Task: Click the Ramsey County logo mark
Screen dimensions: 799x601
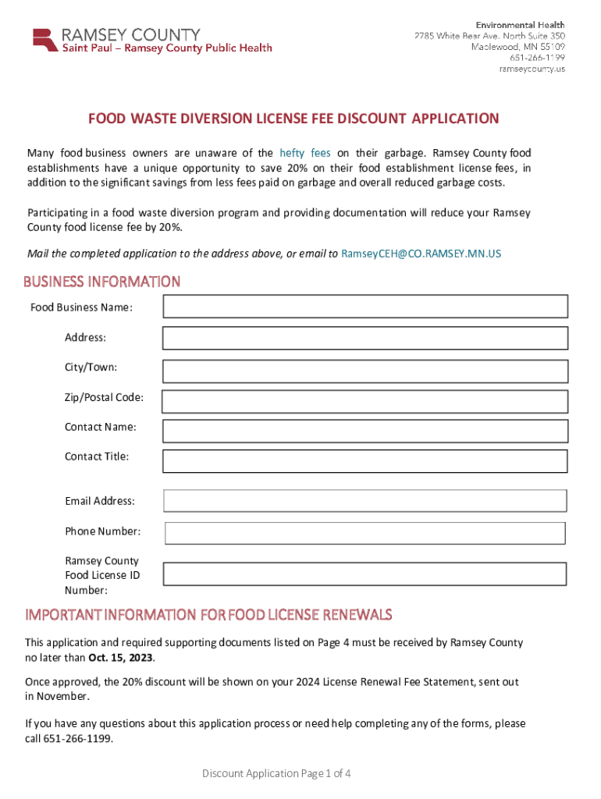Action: (44, 41)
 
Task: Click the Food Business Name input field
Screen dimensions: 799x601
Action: (365, 307)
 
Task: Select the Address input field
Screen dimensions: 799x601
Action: (365, 338)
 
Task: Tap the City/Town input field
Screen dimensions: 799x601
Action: (365, 369)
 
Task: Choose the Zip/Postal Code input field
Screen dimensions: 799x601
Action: (365, 401)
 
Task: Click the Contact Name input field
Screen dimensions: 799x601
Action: (365, 431)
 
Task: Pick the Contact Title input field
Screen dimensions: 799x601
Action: (365, 460)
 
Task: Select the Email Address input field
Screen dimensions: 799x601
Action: (365, 501)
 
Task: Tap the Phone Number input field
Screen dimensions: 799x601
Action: (365, 533)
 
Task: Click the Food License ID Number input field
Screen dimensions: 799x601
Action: (365, 574)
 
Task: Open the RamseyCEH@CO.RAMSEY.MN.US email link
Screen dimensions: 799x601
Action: (421, 254)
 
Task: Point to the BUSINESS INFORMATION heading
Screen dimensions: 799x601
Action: (101, 282)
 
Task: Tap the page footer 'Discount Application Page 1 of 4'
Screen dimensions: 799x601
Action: (276, 773)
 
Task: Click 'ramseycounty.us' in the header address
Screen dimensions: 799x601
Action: (532, 69)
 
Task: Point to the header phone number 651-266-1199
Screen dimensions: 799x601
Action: (538, 58)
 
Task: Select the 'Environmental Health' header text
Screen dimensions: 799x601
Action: (521, 25)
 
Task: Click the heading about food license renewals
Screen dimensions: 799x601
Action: (208, 615)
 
